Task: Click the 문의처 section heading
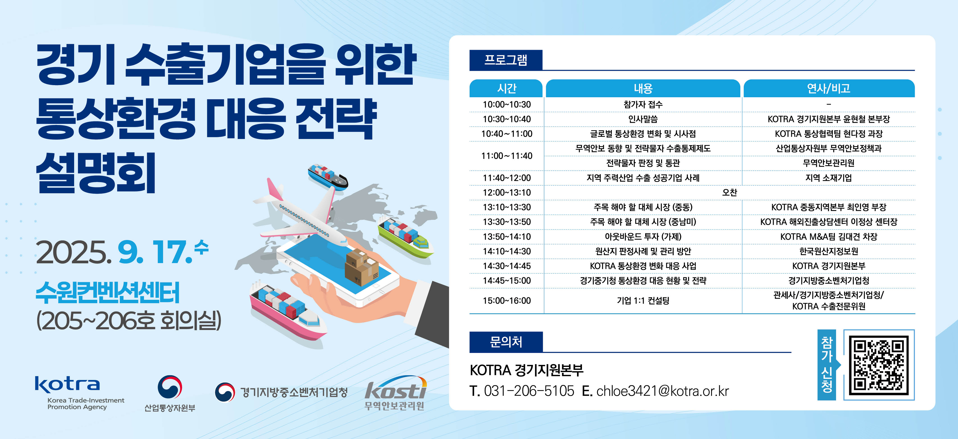point(506,342)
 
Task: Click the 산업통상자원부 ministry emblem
point(170,387)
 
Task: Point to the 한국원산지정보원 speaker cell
point(829,251)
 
